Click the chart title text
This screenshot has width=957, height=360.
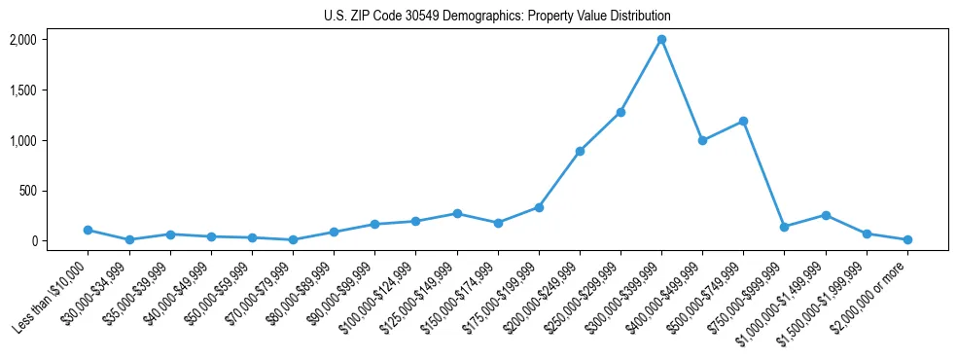click(497, 17)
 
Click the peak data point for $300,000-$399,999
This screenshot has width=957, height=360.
click(661, 40)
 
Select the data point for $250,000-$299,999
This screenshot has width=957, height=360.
click(620, 112)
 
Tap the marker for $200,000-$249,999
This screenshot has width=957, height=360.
click(580, 151)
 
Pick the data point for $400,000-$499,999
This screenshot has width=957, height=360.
click(702, 140)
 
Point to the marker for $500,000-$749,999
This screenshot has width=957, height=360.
click(743, 121)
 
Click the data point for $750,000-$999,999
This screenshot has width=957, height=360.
click(784, 227)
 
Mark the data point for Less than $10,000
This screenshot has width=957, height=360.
click(88, 230)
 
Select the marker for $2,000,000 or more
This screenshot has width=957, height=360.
click(907, 239)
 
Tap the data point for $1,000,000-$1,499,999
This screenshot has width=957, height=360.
click(826, 215)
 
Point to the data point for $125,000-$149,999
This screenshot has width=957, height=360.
click(456, 213)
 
